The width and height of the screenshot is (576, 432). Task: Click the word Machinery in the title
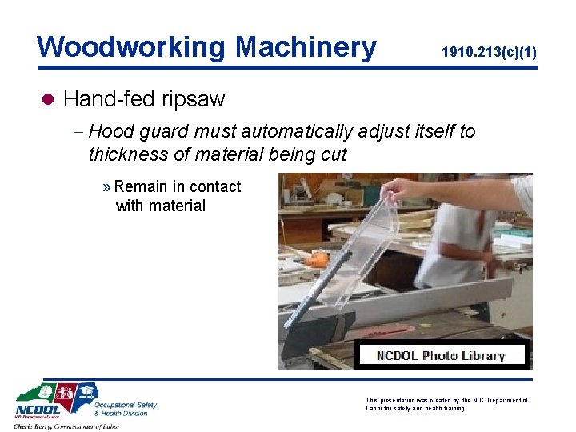click(x=306, y=47)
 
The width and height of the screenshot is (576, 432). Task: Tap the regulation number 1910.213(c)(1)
click(x=489, y=53)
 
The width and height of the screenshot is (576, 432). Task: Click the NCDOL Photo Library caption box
click(x=441, y=355)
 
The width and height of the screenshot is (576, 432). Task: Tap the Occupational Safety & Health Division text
click(x=126, y=409)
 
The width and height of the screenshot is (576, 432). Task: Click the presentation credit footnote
click(x=446, y=404)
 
